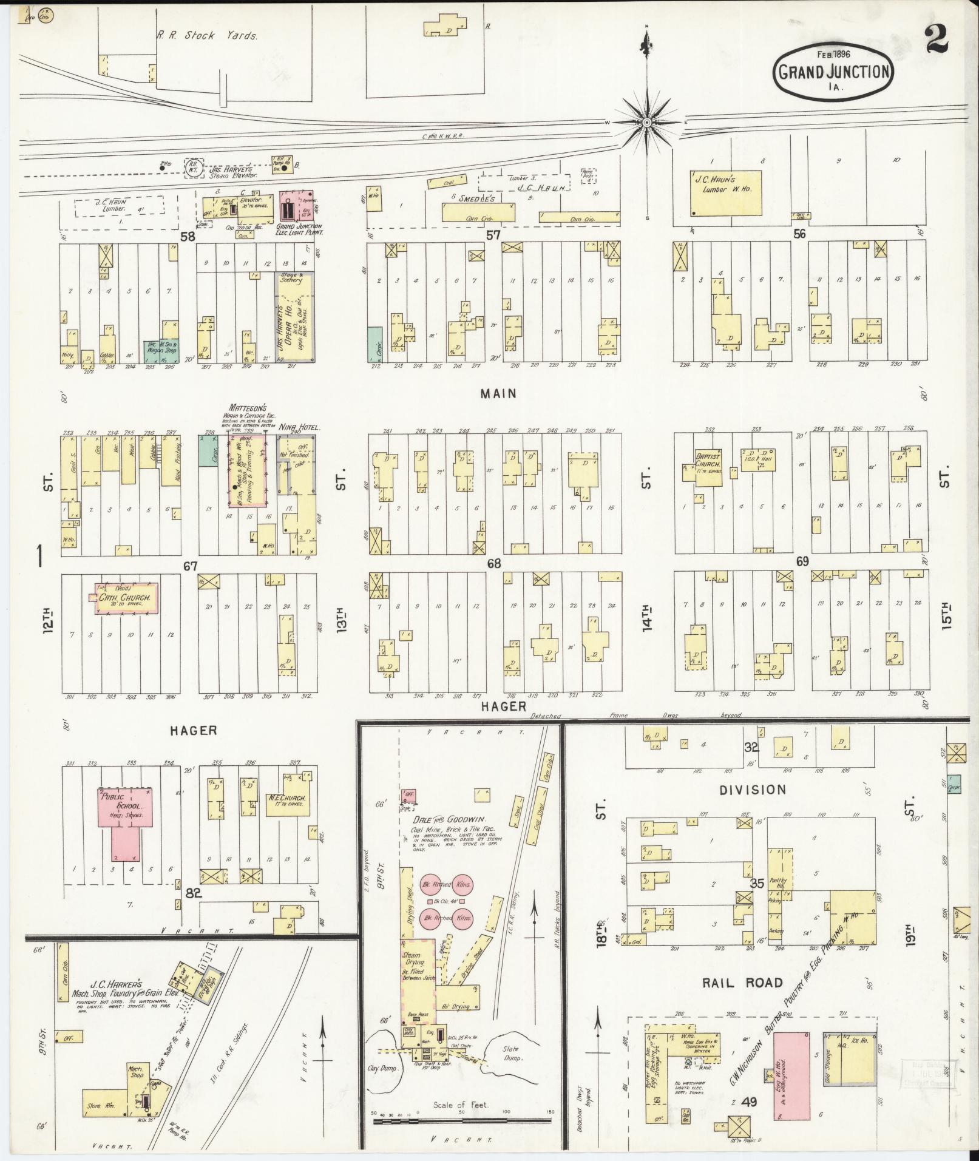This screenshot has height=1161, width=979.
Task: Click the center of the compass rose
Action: click(647, 123)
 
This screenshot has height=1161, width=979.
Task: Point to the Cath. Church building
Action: click(128, 599)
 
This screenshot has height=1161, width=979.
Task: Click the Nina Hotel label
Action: click(297, 427)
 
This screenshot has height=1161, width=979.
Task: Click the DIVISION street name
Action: click(753, 790)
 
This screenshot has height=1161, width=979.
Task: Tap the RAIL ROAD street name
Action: click(742, 983)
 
